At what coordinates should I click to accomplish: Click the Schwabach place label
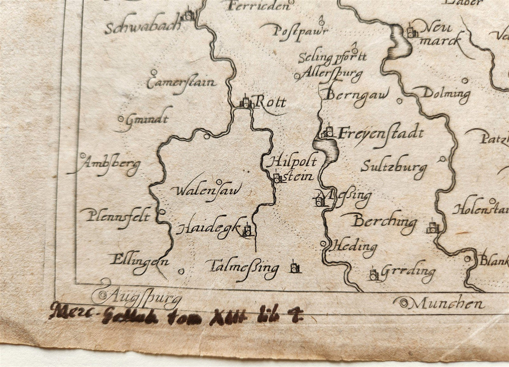(143, 28)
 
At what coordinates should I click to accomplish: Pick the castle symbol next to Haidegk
(248, 230)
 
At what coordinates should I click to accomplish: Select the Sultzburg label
(394, 167)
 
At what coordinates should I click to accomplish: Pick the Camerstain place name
(181, 83)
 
